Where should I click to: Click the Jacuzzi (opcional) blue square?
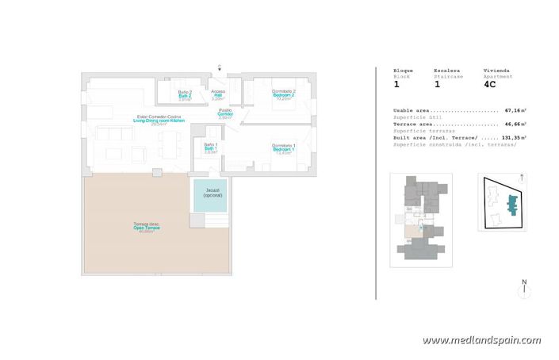click(x=209, y=194)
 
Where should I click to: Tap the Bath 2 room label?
click(x=185, y=95)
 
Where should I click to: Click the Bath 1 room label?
click(x=210, y=148)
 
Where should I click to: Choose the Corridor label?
click(x=225, y=114)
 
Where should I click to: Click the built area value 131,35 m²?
click(x=514, y=138)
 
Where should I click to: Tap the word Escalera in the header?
click(x=446, y=70)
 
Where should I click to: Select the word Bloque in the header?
click(x=404, y=70)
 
